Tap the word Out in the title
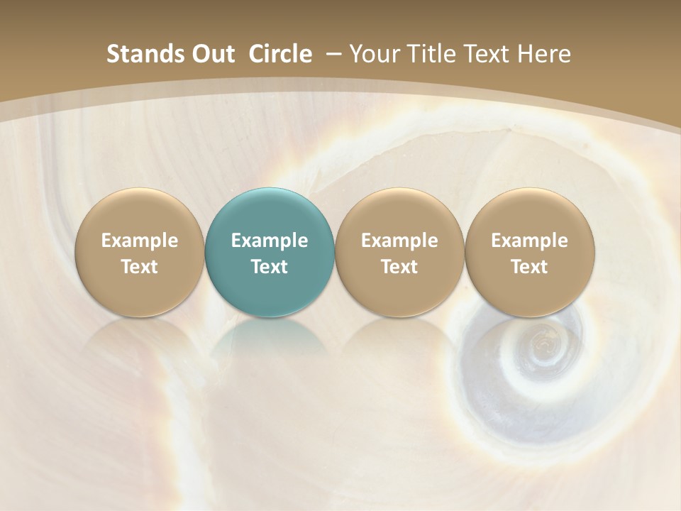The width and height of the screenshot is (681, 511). (211, 54)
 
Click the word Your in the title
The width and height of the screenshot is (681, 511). (374, 54)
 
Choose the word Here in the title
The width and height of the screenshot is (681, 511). (544, 54)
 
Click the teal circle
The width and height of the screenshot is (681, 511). (270, 253)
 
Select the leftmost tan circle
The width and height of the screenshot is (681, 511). (140, 253)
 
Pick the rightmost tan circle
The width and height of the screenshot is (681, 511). (529, 253)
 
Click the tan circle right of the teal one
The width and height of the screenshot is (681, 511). (399, 253)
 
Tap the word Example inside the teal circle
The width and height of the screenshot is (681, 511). (270, 241)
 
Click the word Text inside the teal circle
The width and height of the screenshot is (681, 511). (270, 267)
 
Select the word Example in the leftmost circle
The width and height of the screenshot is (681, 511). (140, 241)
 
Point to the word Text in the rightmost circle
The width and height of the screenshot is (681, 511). (529, 267)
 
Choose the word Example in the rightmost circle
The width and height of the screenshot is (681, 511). (529, 241)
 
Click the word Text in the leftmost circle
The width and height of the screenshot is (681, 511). (140, 267)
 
